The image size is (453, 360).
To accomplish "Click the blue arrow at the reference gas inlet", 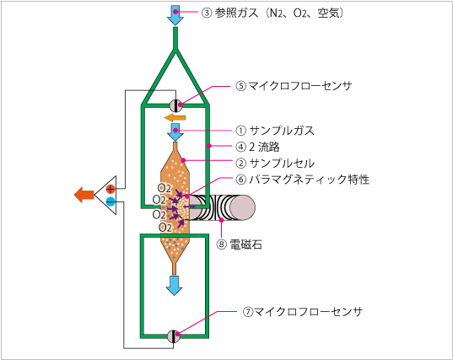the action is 175,15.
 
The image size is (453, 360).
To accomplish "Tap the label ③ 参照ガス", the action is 229,13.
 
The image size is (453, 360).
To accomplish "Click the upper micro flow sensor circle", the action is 175,105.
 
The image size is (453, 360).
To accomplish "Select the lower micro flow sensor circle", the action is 174,336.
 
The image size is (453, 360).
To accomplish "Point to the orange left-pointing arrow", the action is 175,117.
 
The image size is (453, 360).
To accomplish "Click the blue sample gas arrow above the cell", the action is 175,132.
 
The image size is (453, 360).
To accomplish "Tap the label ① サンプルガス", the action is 275,131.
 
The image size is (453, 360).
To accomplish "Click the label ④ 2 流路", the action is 257,147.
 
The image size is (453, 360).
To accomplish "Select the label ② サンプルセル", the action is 275,164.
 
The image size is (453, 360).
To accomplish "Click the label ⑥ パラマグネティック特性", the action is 303,180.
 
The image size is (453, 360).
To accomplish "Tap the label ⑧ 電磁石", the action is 240,244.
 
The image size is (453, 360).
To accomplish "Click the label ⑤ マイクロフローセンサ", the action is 294,86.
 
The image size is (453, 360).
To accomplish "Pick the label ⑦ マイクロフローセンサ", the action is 303,312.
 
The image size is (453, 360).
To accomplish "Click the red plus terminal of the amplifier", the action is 111,189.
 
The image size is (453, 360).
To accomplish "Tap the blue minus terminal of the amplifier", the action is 111,201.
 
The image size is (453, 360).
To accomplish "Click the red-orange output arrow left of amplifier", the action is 84,195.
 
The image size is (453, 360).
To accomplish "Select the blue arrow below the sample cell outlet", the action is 175,285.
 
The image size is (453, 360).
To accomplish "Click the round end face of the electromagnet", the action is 242,207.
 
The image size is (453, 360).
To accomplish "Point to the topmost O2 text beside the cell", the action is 164,189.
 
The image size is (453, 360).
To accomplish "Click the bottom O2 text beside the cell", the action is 165,228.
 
